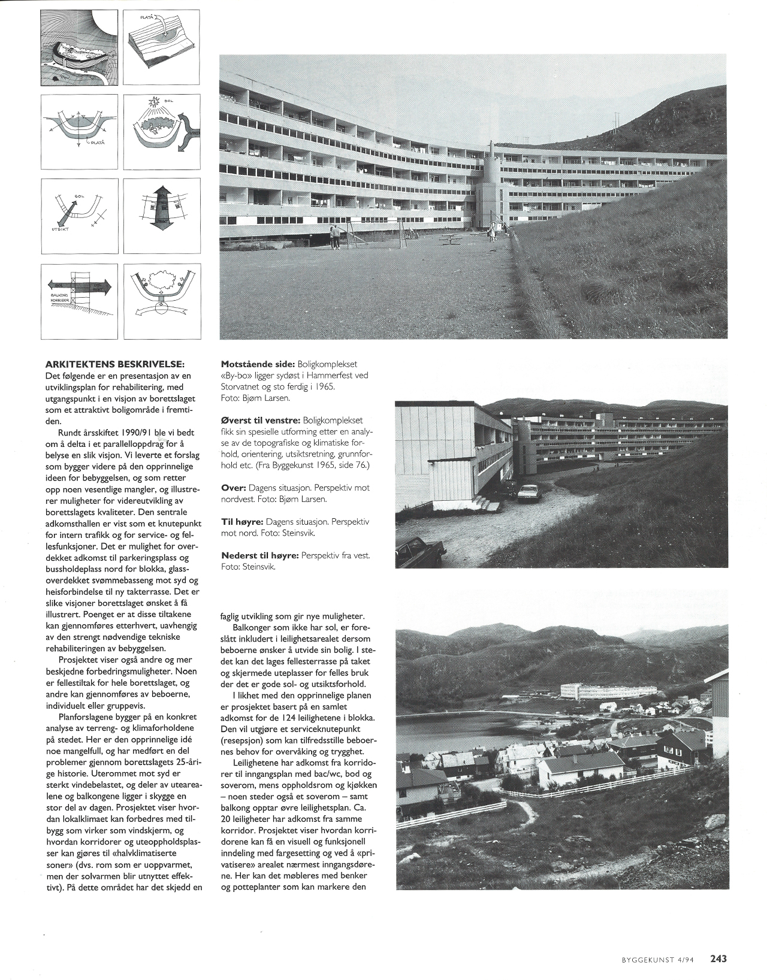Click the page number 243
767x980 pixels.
[x=718, y=958]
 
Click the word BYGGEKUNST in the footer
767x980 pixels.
[x=641, y=959]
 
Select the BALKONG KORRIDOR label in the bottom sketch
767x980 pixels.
[x=59, y=298]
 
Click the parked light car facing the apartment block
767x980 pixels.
[x=529, y=492]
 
